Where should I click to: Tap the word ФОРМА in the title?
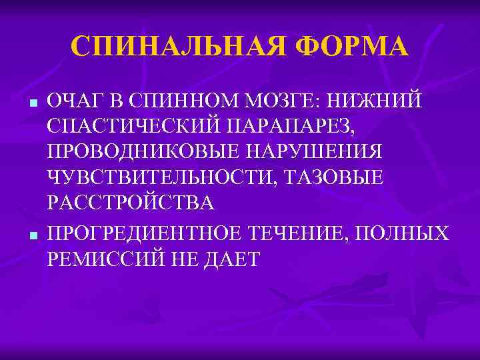(x=351, y=47)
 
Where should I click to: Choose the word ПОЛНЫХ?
(x=407, y=233)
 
